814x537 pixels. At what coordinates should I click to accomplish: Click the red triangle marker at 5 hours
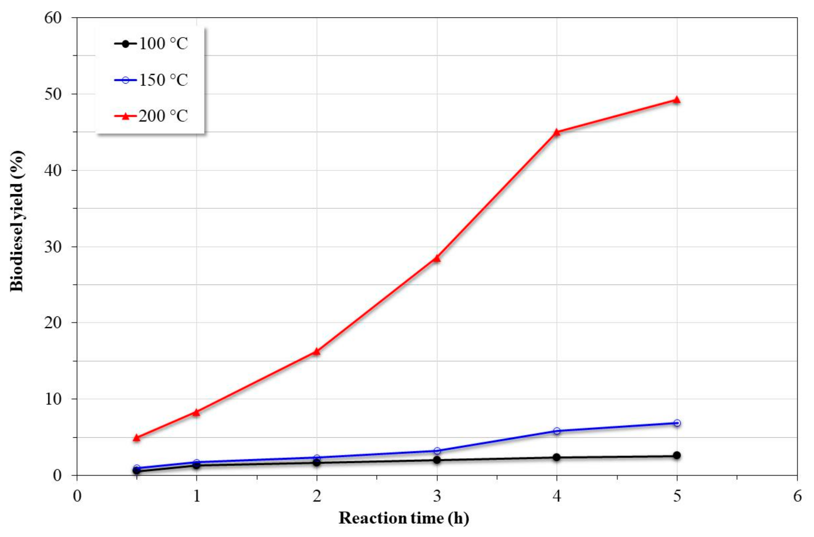tap(676, 100)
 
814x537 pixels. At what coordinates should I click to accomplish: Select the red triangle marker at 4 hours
tap(556, 132)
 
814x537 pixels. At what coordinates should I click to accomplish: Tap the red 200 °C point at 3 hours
tap(436, 258)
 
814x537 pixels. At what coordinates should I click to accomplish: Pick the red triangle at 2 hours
tap(316, 352)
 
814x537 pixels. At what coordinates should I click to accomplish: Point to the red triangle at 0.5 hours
tap(136, 438)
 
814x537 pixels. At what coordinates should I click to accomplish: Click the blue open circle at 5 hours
tap(677, 423)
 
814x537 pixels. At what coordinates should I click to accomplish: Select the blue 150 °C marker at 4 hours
tap(556, 431)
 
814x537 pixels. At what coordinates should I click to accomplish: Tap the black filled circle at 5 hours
tap(677, 455)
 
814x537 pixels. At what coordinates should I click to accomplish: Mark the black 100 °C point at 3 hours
tap(436, 460)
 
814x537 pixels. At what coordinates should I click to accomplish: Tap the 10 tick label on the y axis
tap(53, 399)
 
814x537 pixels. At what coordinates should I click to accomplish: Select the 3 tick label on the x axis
tap(437, 496)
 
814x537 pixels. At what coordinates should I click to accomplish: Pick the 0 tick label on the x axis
tap(77, 496)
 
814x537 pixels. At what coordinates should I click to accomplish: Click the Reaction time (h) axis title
tap(404, 518)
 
